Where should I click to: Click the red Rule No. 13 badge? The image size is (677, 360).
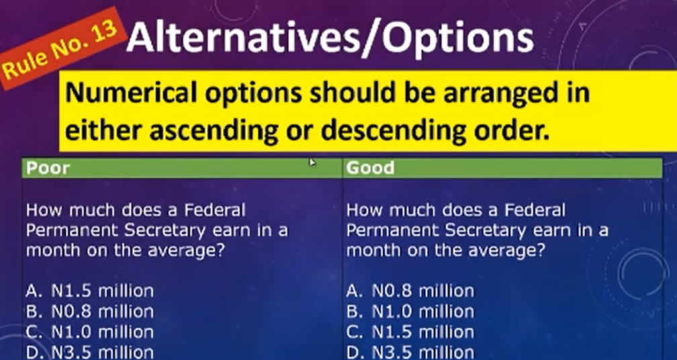click(x=60, y=49)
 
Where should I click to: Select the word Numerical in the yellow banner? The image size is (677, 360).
click(x=131, y=93)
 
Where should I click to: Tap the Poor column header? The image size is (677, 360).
click(x=48, y=168)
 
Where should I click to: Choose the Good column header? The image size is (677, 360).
click(x=370, y=168)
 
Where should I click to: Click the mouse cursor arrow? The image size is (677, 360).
click(x=312, y=163)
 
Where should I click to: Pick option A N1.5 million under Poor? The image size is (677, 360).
click(x=90, y=291)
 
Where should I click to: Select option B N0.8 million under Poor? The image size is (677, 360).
click(x=90, y=311)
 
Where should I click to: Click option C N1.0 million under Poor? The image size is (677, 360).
click(x=90, y=332)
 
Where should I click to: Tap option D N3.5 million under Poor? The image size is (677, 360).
click(x=90, y=352)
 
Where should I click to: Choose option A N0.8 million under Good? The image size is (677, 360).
click(x=410, y=291)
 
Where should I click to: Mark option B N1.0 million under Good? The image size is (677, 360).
click(x=410, y=311)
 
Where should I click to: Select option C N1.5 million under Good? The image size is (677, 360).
click(x=410, y=332)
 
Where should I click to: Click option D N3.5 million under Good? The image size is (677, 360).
click(x=410, y=352)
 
